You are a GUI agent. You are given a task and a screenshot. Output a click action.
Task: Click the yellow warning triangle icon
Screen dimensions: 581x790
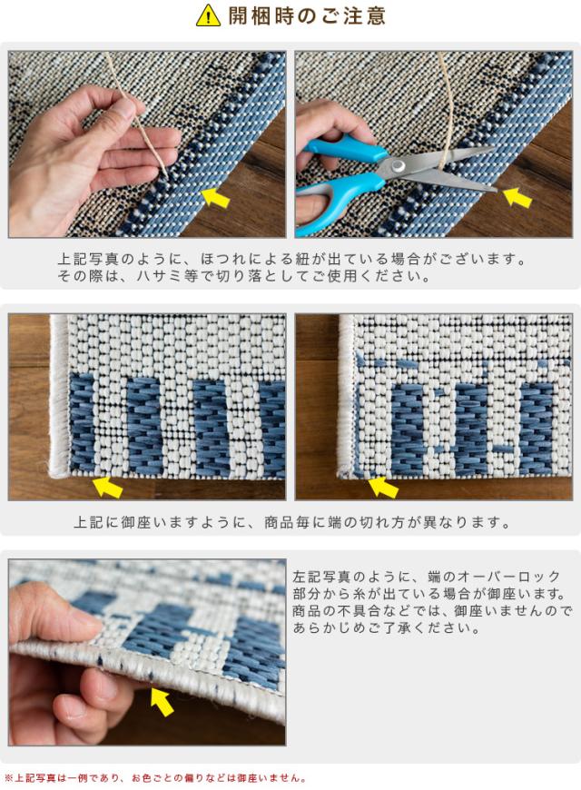click(x=208, y=15)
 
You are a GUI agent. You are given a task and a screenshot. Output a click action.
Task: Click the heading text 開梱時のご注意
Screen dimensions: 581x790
click(x=307, y=15)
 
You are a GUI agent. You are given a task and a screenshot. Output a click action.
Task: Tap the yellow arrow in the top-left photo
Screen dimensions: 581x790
click(x=216, y=197)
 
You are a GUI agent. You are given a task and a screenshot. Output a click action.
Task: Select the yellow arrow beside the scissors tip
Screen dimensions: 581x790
click(x=517, y=196)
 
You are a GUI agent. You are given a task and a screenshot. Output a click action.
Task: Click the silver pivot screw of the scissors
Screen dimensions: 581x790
click(x=399, y=164)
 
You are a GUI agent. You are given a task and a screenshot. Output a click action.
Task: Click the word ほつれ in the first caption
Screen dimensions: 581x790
click(x=222, y=259)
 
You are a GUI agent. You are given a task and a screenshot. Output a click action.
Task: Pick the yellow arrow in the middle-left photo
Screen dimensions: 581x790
click(x=107, y=487)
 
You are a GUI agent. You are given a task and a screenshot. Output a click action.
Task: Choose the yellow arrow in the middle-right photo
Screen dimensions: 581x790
click(x=383, y=487)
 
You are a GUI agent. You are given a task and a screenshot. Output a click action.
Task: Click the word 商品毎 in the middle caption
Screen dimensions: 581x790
click(x=287, y=522)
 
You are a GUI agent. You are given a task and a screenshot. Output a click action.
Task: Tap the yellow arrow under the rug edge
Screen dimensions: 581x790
click(x=162, y=701)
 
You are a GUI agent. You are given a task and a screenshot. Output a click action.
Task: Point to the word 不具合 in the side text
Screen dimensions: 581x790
click(x=348, y=610)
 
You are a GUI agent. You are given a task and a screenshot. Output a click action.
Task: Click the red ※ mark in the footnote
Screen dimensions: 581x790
click(x=8, y=778)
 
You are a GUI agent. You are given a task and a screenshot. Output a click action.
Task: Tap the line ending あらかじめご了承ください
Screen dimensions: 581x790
click(x=387, y=627)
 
